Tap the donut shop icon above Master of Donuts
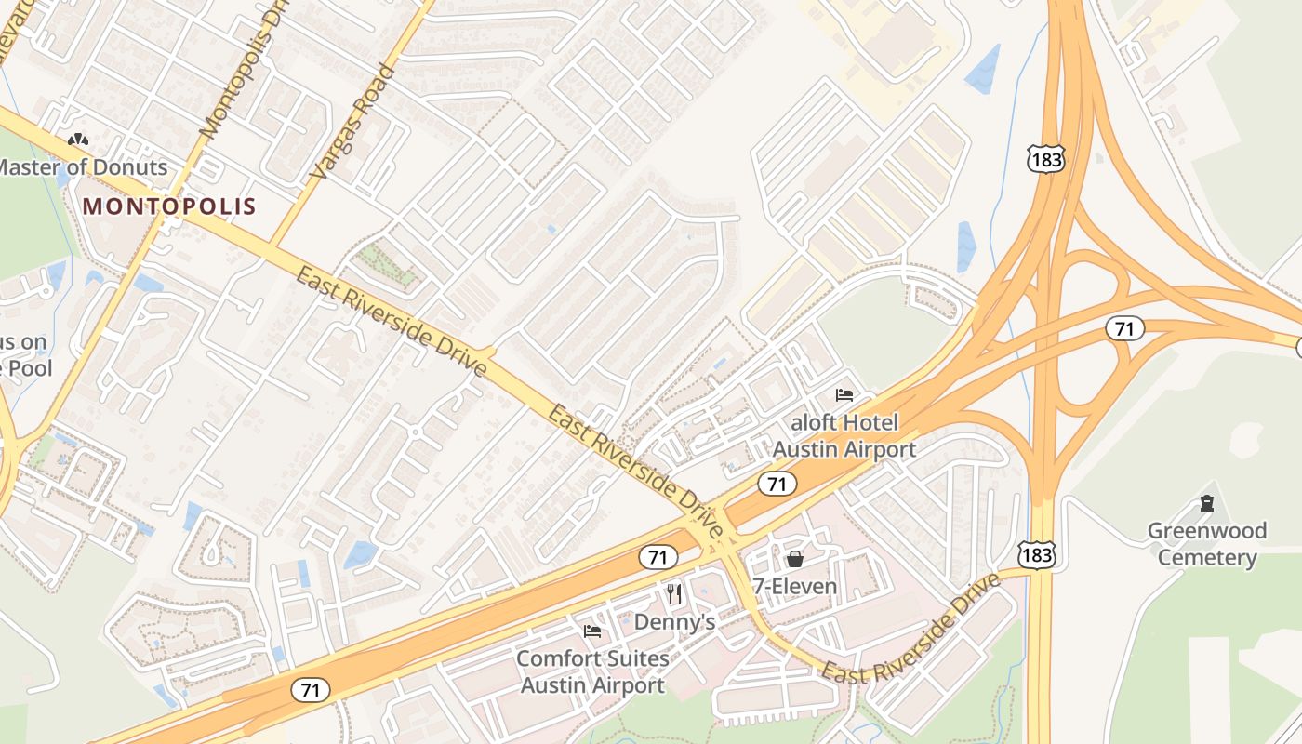pyautogui.click(x=78, y=140)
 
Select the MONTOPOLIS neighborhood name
pyautogui.click(x=169, y=206)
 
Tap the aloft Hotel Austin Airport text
pyautogui.click(x=844, y=436)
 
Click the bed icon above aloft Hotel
pyautogui.click(x=844, y=395)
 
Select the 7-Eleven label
pyautogui.click(x=795, y=587)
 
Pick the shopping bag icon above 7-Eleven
pyautogui.click(x=795, y=559)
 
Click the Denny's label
pyautogui.click(x=675, y=622)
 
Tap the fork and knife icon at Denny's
pyautogui.click(x=675, y=594)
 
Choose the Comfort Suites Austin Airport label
pyautogui.click(x=592, y=672)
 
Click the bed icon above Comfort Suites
pyautogui.click(x=592, y=631)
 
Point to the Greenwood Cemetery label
pyautogui.click(x=1207, y=544)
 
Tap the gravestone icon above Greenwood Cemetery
pyautogui.click(x=1207, y=504)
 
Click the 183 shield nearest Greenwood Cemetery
pyautogui.click(x=1035, y=554)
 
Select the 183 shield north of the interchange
pyautogui.click(x=1046, y=159)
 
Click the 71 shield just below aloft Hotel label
pyautogui.click(x=776, y=484)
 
